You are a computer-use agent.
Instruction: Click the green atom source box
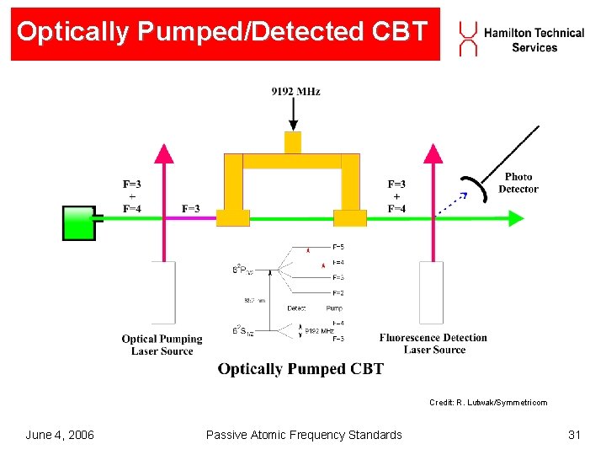[80, 223]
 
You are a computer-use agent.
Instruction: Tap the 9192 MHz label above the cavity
[295, 91]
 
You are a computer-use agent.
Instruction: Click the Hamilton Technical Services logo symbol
[468, 39]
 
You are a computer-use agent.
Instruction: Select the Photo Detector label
[518, 183]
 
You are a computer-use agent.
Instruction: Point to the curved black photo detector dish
[474, 190]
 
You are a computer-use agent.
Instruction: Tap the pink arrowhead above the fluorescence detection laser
[433, 153]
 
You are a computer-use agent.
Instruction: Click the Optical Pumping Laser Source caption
[162, 345]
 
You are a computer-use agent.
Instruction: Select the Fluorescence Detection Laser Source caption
[433, 344]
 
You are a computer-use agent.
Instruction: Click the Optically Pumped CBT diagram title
[300, 369]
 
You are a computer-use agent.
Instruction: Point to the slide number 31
[575, 435]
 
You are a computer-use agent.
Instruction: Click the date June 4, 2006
[60, 435]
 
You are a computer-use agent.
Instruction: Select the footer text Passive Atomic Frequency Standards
[304, 435]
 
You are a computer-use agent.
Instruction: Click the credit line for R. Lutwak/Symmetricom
[487, 403]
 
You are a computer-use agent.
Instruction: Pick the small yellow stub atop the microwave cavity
[292, 142]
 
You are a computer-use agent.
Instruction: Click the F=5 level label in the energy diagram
[338, 247]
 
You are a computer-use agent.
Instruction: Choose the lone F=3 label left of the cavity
[191, 208]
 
